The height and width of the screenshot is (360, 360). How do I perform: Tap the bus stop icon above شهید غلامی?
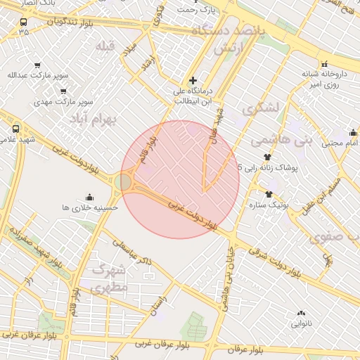16,129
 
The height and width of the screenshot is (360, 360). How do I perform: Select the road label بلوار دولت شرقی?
282,263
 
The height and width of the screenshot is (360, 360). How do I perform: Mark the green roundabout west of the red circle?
124,183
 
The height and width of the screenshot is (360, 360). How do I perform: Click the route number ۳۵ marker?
25,32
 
